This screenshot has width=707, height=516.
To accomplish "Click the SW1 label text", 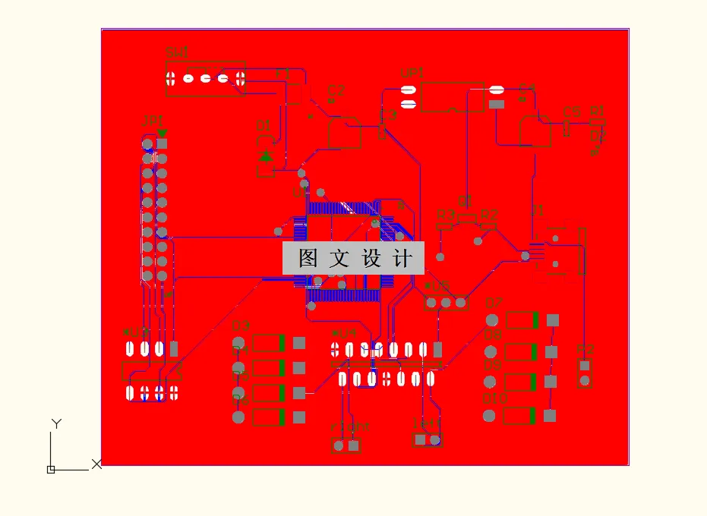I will [177, 52].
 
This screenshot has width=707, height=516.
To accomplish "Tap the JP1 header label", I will [153, 121].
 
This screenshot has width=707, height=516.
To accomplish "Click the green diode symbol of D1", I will [265, 156].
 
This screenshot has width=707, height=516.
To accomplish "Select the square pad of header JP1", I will [162, 143].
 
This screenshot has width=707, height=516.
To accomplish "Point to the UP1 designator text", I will [412, 74].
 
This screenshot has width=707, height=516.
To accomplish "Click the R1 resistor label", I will [597, 111].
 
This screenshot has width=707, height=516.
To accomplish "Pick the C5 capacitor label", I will [572, 112].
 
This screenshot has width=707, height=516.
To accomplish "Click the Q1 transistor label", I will [465, 201].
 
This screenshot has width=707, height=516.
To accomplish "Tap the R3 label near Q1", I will [444, 215].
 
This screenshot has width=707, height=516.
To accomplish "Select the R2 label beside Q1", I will [488, 215].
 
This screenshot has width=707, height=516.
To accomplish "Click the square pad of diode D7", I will [552, 320].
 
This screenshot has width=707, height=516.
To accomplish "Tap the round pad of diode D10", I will [490, 416].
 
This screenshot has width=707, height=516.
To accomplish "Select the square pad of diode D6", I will [299, 417].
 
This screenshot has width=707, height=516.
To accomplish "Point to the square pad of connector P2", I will [584, 365].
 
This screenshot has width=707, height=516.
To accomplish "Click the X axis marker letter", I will [96, 464].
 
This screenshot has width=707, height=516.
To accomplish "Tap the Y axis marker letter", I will [55, 423].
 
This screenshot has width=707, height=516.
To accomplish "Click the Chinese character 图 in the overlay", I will [308, 259].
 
